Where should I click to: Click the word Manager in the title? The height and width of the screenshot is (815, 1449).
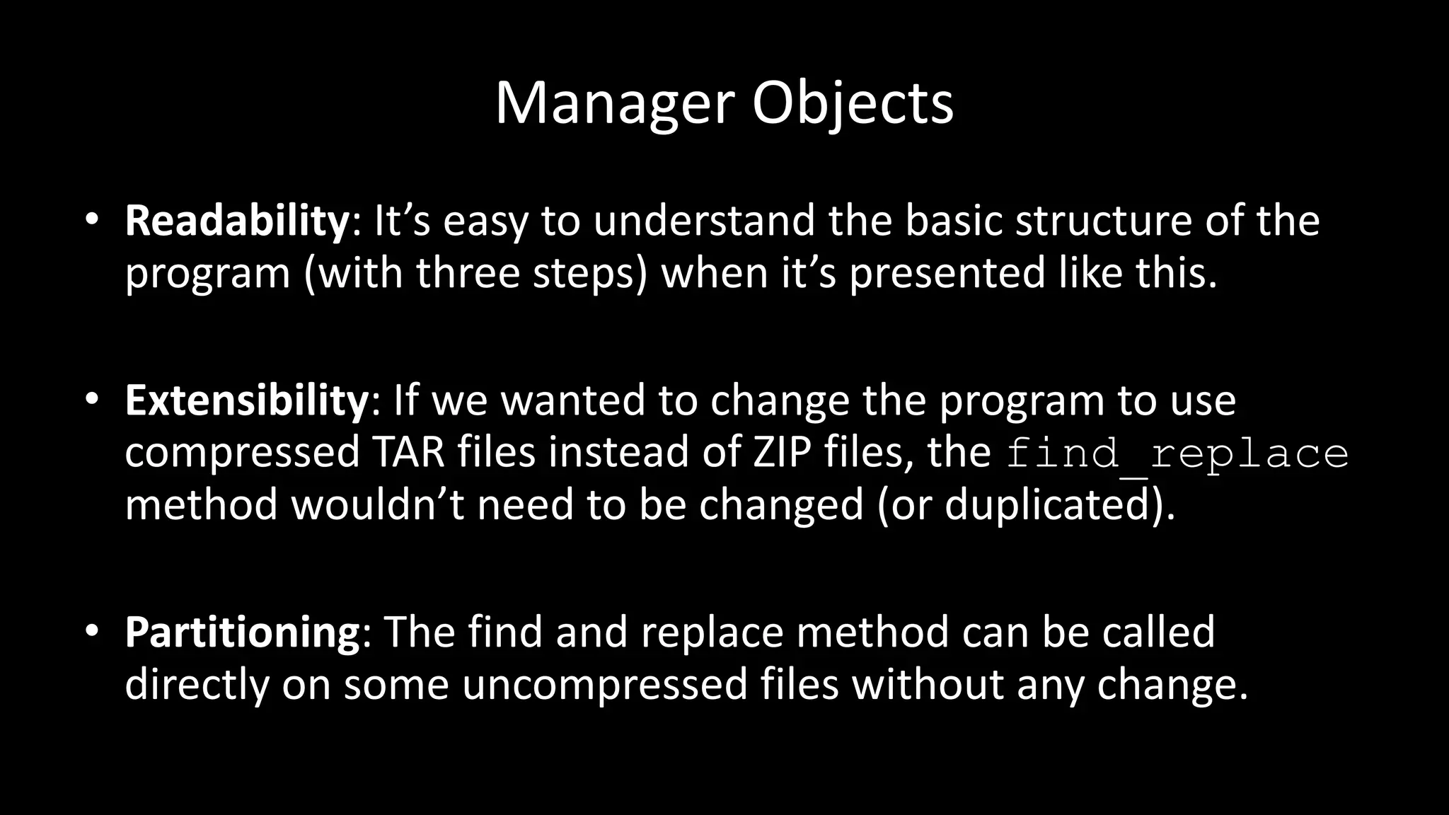click(614, 104)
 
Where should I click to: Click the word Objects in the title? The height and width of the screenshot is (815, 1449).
click(853, 104)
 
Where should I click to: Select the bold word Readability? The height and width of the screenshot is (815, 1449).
click(237, 220)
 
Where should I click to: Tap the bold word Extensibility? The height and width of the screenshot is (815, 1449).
click(246, 400)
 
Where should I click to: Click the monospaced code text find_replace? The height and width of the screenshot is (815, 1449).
click(1177, 453)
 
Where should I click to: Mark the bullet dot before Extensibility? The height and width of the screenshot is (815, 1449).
click(91, 399)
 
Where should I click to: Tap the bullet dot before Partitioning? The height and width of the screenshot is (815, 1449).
click(91, 630)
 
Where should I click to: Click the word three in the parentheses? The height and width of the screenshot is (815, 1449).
click(468, 273)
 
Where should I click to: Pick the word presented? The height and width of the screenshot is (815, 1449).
click(947, 273)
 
